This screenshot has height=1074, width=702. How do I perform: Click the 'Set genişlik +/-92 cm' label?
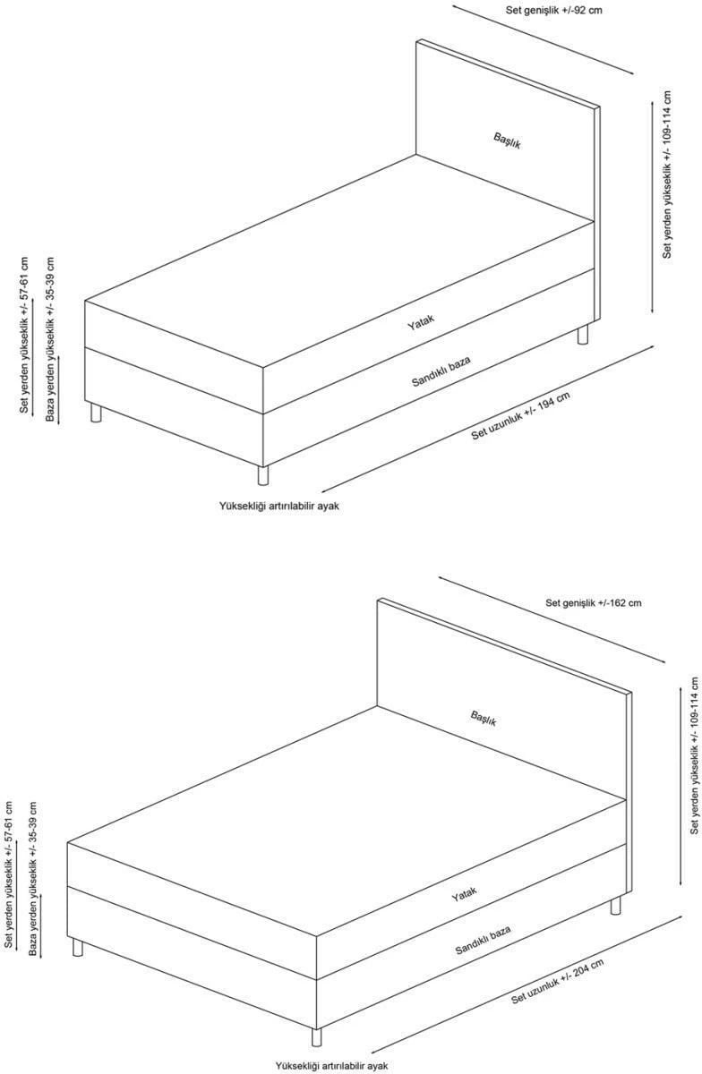tap(553, 10)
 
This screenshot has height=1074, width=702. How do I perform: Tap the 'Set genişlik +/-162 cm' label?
tap(593, 602)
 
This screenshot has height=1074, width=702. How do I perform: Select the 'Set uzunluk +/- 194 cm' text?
tap(520, 415)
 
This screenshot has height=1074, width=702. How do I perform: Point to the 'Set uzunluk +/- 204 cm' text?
tap(557, 981)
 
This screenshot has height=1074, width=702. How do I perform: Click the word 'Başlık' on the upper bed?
tap(507, 141)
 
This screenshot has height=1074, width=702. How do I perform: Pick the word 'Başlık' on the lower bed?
tap(484, 718)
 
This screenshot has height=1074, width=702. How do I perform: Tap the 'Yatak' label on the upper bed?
tap(421, 322)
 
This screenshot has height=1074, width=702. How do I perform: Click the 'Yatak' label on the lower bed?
tap(464, 894)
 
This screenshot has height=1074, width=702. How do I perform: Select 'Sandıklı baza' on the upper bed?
tap(441, 371)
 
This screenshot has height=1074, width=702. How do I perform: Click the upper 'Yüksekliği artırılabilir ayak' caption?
tap(279, 506)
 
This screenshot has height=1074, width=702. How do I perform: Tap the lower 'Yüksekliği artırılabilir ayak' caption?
tap(331, 1065)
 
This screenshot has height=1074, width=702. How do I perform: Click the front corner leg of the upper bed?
tap(263, 475)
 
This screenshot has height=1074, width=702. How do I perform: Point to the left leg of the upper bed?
tap(96, 413)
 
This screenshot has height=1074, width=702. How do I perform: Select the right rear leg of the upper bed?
tap(583, 334)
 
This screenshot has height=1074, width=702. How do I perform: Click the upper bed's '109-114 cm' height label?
tap(666, 175)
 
